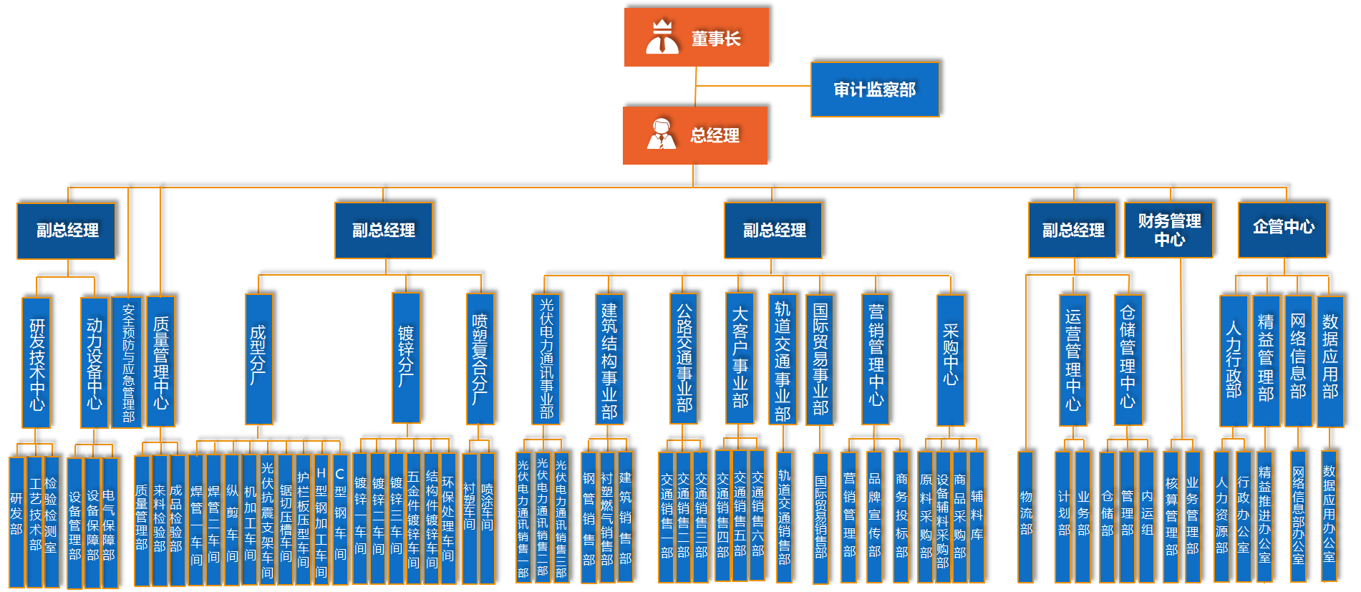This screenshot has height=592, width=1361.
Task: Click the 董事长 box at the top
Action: (x=696, y=37)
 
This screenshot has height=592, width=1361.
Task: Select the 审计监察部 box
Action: (x=874, y=89)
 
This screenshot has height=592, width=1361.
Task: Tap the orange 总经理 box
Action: (x=694, y=135)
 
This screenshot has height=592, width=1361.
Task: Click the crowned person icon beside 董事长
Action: (x=662, y=37)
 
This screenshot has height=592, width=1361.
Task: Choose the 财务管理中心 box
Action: (x=1168, y=230)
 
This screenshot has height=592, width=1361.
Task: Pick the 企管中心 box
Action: (x=1282, y=229)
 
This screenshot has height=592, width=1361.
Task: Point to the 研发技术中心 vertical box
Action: (x=37, y=363)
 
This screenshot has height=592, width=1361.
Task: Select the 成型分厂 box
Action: (x=258, y=359)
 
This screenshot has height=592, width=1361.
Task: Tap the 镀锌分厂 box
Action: (x=406, y=357)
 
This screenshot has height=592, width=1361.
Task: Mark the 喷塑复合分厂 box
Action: (x=480, y=359)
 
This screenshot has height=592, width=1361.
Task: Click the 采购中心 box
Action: (x=950, y=360)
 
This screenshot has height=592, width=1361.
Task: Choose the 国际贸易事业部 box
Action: (x=820, y=360)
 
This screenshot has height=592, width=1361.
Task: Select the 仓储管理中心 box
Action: (x=1128, y=360)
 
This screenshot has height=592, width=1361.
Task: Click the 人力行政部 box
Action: (x=1233, y=361)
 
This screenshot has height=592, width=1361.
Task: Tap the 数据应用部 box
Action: (x=1330, y=361)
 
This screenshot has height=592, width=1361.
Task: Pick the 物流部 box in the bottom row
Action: (x=1026, y=516)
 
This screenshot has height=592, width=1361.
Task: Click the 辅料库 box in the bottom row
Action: (x=977, y=516)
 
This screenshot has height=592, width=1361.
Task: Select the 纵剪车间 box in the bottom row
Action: (x=232, y=520)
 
